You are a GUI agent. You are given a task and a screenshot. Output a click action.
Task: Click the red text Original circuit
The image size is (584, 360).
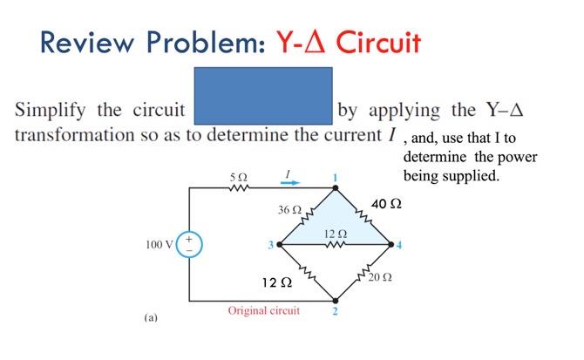coord(263,310)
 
